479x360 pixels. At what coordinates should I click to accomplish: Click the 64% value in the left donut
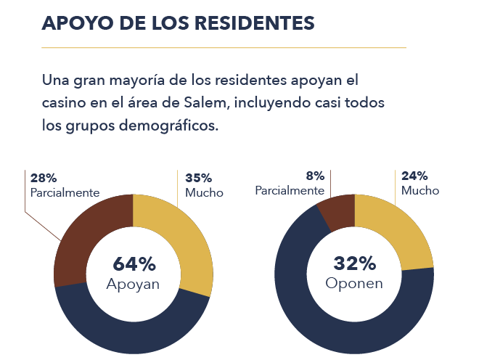(134, 264)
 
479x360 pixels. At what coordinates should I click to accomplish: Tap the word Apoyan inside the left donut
(133, 283)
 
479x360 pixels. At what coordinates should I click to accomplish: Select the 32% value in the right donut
(353, 264)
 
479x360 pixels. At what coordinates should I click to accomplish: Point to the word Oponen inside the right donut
(353, 283)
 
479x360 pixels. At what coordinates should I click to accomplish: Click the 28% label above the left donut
(43, 178)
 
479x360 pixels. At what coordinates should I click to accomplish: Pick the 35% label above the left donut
(198, 178)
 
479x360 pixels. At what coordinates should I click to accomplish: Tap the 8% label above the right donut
(314, 175)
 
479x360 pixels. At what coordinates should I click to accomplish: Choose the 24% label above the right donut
(414, 176)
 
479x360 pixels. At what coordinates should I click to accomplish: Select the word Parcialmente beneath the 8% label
(289, 190)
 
